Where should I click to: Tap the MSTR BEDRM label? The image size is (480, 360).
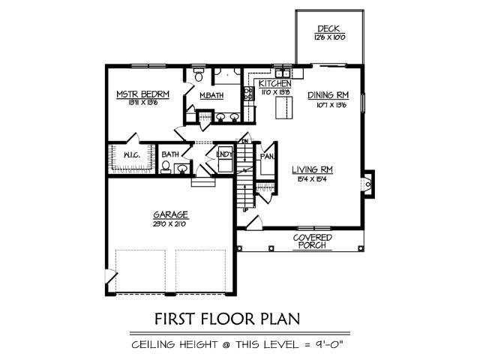pos(142,94)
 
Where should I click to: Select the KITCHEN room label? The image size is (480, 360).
pos(274,83)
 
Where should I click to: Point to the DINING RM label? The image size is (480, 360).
pos(328,95)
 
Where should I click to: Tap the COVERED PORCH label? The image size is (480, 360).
pos(312,241)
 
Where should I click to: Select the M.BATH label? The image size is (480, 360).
pos(210,95)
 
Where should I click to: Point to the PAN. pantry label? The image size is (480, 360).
pos(266,157)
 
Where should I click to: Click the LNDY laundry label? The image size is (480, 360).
pos(223,154)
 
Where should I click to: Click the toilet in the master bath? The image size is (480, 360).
pos(198,76)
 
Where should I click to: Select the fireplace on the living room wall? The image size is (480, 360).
pos(367,183)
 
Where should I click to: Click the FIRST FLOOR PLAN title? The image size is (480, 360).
pos(226,319)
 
